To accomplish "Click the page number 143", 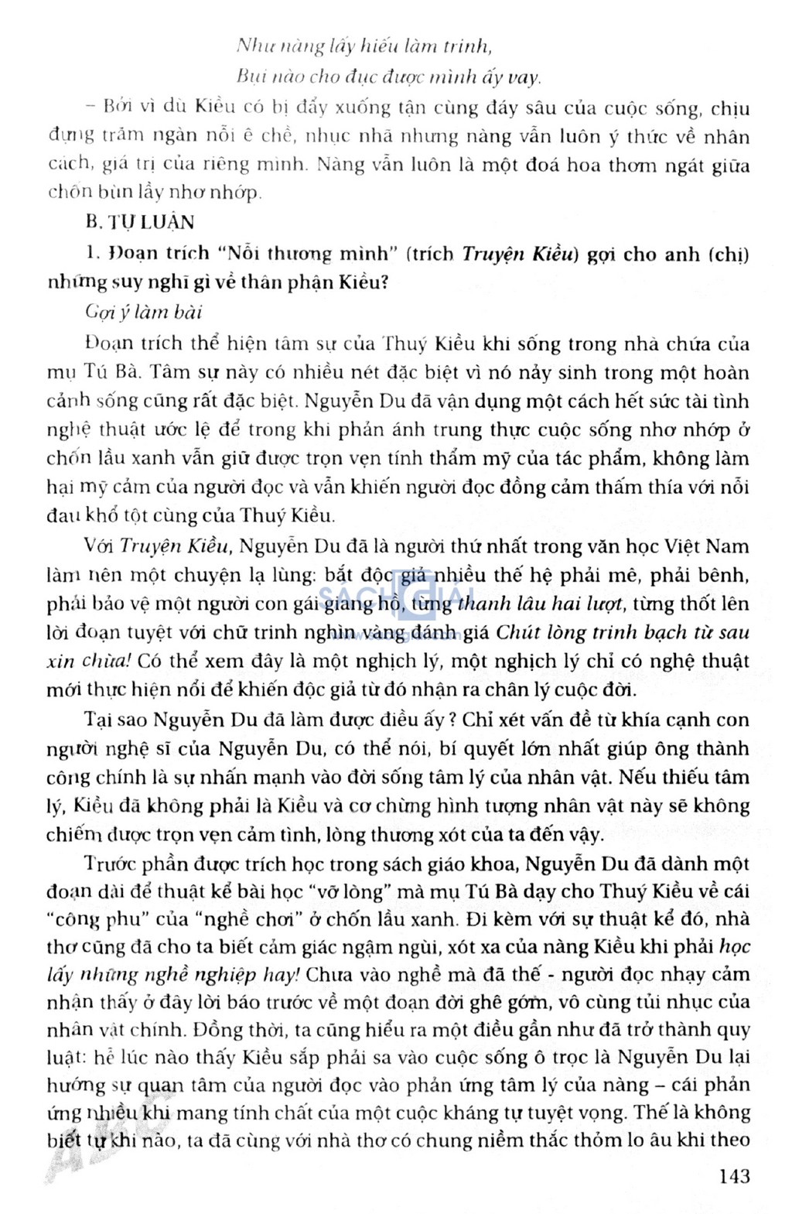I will pyautogui.click(x=733, y=1176).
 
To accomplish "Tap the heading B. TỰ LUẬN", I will pyautogui.click(x=140, y=223).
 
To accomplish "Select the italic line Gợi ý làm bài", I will pyautogui.click(x=144, y=312).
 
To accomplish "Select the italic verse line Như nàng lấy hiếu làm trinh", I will pyautogui.click(x=364, y=46).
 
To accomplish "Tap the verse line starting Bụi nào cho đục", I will pyautogui.click(x=388, y=77).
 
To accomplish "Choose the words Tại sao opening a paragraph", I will pyautogui.click(x=116, y=720).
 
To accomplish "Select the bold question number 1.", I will pyautogui.click(x=91, y=254).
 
